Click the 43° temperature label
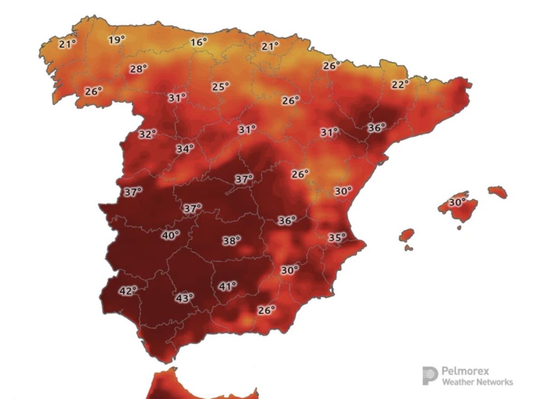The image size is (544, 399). (185, 298)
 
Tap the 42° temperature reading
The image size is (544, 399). (128, 291)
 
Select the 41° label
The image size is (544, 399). (228, 286)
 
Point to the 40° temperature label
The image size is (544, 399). (171, 235)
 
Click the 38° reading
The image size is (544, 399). (231, 241)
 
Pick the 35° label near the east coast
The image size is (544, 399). (337, 237)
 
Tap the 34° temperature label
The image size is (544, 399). (185, 148)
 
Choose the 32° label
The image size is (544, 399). (147, 134)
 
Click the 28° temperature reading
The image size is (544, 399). (138, 69)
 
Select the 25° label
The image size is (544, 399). (220, 86)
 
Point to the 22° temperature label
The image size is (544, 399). (400, 84)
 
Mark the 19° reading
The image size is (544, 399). (116, 40)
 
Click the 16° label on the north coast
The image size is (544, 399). (198, 43)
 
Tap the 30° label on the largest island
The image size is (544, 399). (457, 202)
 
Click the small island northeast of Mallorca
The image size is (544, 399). (497, 192)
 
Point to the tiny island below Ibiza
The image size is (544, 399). (409, 248)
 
